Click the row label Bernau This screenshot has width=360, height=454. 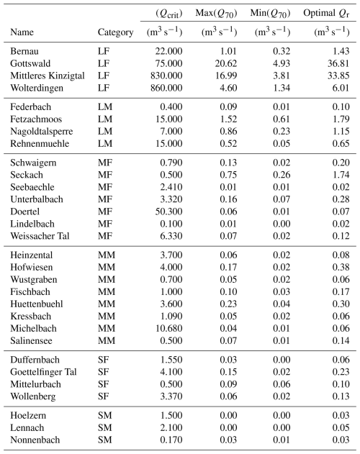(24, 51)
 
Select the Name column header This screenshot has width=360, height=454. (22, 32)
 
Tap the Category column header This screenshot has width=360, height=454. (115, 32)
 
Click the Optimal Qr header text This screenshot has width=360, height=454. (326, 14)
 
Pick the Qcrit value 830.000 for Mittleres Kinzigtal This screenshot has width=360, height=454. (166, 76)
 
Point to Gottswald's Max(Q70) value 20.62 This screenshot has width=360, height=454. (226, 63)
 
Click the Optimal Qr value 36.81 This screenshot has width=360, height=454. (338, 63)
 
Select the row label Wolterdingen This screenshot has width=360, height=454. (37, 88)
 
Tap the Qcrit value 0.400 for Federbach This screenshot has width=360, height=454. (171, 106)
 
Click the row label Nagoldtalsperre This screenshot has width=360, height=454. (42, 132)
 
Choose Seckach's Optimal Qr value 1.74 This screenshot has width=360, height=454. (341, 175)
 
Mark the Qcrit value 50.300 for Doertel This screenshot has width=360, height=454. (168, 212)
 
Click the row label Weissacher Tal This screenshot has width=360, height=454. (40, 236)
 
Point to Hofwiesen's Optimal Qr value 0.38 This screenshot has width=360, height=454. (341, 267)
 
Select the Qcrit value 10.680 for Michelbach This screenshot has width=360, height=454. (168, 328)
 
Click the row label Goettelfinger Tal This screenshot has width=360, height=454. (43, 372)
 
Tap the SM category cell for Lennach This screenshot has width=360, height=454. (104, 427)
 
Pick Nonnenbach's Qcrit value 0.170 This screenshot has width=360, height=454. (171, 440)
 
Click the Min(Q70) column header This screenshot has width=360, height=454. (271, 14)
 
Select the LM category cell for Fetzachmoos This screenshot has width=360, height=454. (105, 119)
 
